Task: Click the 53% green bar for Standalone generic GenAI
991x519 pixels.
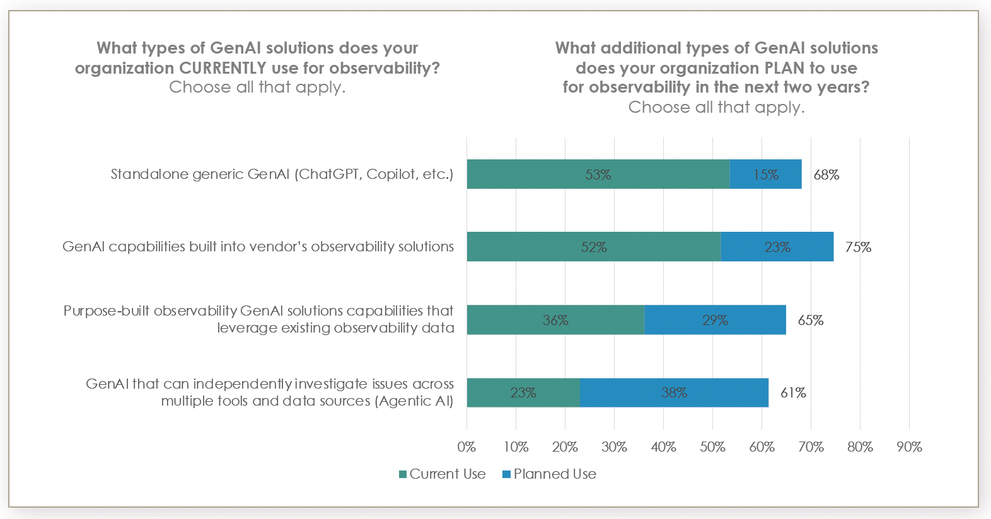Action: pos(598,174)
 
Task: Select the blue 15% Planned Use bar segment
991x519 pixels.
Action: pos(765,174)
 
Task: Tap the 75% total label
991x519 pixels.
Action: pos(858,247)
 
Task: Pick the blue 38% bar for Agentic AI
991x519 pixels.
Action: pos(674,392)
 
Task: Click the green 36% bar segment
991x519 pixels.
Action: pos(555,320)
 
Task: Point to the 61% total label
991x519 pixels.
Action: pos(793,392)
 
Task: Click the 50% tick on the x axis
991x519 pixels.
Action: pos(712,447)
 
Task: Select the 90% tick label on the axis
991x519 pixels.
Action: pos(909,447)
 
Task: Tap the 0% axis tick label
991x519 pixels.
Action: pos(467,447)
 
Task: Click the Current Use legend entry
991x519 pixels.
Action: pos(443,474)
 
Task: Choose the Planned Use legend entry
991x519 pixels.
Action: pos(549,474)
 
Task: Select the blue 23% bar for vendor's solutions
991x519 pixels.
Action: pos(777,247)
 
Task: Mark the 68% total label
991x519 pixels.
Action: pos(826,174)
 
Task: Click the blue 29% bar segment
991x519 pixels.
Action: pos(715,320)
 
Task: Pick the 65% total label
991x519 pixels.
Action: pos(810,320)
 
